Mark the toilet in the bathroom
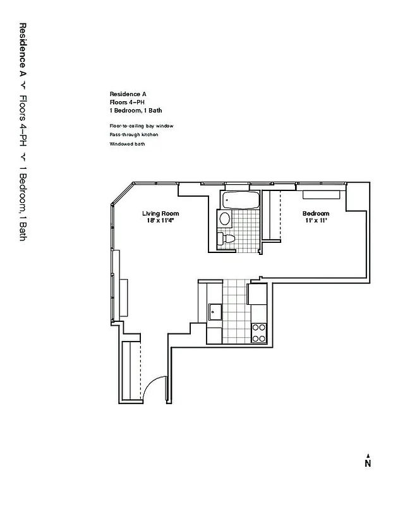[226, 239]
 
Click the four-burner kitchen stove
[259, 333]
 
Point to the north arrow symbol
[367, 454]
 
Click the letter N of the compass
[367, 464]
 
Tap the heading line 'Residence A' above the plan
[124, 94]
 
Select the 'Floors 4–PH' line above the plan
[124, 102]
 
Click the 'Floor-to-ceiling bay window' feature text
[141, 126]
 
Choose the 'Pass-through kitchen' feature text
[133, 135]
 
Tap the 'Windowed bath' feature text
[127, 144]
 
